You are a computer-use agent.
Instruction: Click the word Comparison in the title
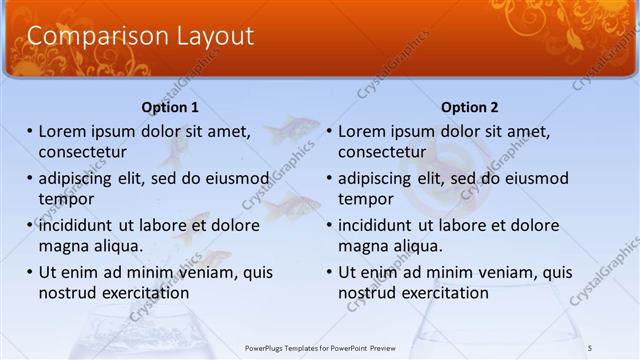pos(83,37)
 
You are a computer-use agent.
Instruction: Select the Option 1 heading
pos(170,107)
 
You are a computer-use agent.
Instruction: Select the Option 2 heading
pos(469,107)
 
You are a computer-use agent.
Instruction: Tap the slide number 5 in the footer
pos(590,347)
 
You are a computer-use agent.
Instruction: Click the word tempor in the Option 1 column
pos(65,198)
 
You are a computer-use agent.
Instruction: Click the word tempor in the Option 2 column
pos(365,198)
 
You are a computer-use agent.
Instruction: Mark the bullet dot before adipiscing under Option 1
pos(30,178)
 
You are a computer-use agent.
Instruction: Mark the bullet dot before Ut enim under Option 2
pos(329,272)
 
